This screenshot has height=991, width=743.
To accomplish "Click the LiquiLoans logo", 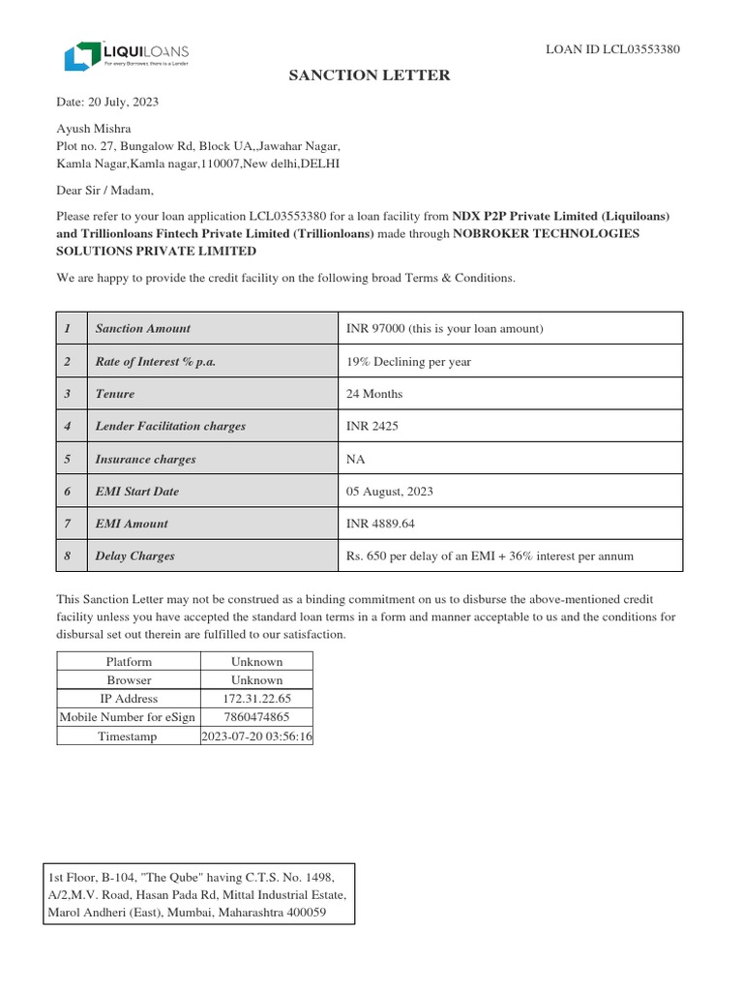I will click(126, 55).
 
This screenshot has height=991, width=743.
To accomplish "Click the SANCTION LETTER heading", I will click(371, 75).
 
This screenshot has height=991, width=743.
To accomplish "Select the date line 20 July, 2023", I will click(107, 102).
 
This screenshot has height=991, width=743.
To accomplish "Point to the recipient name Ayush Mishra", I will click(94, 129).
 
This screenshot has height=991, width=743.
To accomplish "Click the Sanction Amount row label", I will click(143, 329).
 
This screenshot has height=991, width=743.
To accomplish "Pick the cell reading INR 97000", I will click(444, 329).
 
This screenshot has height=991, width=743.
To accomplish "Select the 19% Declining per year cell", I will click(408, 362).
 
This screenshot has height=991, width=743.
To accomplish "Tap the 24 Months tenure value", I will click(374, 394).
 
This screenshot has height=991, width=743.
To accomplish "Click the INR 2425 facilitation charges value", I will click(371, 426).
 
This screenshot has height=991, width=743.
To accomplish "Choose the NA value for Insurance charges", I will click(356, 459).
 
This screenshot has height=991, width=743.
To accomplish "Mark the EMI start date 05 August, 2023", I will click(389, 492).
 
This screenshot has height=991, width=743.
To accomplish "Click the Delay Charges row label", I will click(135, 556).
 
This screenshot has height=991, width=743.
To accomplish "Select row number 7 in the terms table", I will click(68, 524).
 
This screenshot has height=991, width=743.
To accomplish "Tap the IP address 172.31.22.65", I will click(256, 699).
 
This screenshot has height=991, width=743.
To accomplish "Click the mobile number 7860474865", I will click(256, 717).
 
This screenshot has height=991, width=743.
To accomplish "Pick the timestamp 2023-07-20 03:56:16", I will click(256, 736).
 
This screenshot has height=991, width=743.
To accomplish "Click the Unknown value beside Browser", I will click(256, 680).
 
